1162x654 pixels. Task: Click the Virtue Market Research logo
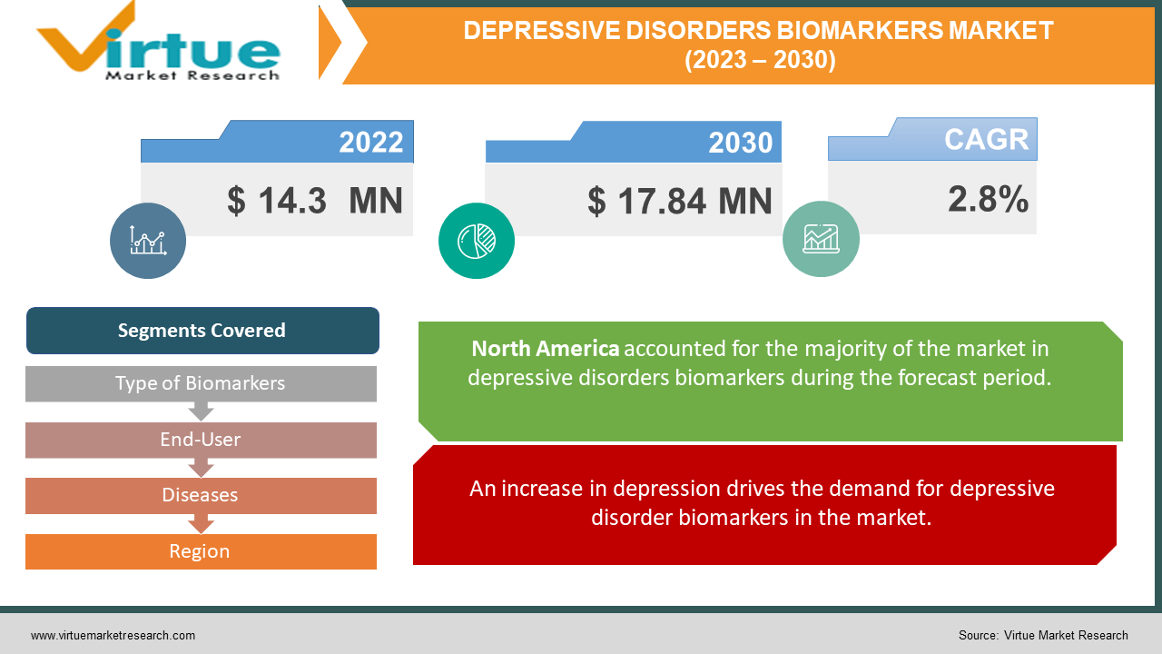pyautogui.click(x=158, y=43)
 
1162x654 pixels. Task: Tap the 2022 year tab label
pyautogui.click(x=371, y=142)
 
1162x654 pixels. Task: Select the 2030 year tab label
pyautogui.click(x=740, y=143)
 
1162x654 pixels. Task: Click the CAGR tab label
pyautogui.click(x=986, y=139)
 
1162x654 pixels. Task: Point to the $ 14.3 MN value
pyautogui.click(x=315, y=201)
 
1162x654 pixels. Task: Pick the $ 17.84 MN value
pyautogui.click(x=680, y=201)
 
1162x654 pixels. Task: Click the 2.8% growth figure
pyautogui.click(x=989, y=199)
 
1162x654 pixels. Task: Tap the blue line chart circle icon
pyautogui.click(x=148, y=241)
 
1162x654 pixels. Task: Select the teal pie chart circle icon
pyautogui.click(x=477, y=241)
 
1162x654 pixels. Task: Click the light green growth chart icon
pyautogui.click(x=821, y=239)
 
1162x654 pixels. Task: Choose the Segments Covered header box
pyautogui.click(x=202, y=331)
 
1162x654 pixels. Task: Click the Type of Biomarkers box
pyautogui.click(x=201, y=383)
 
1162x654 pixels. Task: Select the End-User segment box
pyautogui.click(x=201, y=440)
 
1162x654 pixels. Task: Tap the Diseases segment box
pyautogui.click(x=201, y=496)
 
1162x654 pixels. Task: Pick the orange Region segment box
pyautogui.click(x=201, y=551)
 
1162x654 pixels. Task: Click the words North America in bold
pyautogui.click(x=546, y=349)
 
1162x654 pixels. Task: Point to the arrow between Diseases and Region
pyautogui.click(x=201, y=524)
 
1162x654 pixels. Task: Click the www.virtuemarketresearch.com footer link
pyautogui.click(x=113, y=635)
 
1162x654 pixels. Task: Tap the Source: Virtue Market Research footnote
pyautogui.click(x=1043, y=635)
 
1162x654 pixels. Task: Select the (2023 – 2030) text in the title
pyautogui.click(x=760, y=60)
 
